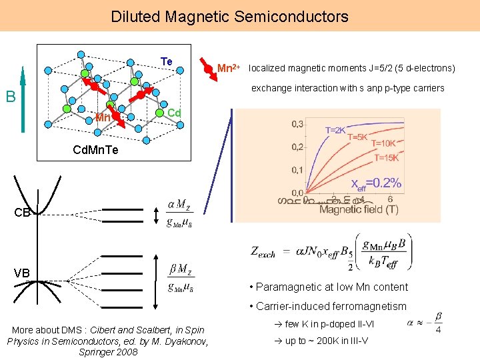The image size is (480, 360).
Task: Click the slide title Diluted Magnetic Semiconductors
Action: pyautogui.click(x=229, y=16)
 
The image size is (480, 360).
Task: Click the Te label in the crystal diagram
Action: pyautogui.click(x=167, y=61)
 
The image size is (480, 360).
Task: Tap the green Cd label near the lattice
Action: pyautogui.click(x=174, y=113)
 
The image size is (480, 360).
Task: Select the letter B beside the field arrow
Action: pyautogui.click(x=11, y=97)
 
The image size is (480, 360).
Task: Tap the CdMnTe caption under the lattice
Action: pyautogui.click(x=95, y=150)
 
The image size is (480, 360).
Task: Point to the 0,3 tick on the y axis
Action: pyautogui.click(x=297, y=124)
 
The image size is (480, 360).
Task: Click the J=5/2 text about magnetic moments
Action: pyautogui.click(x=383, y=68)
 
